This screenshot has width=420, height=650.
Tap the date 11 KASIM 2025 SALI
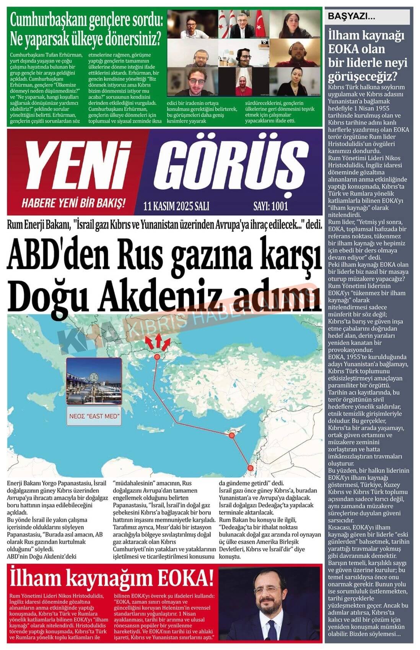(176, 206)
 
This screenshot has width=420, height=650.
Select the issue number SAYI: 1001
(270, 206)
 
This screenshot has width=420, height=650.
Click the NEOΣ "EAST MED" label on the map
(94, 416)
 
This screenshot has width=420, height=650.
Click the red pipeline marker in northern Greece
(157, 356)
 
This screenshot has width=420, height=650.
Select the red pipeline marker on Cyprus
(231, 435)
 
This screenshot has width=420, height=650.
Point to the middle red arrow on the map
(157, 339)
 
